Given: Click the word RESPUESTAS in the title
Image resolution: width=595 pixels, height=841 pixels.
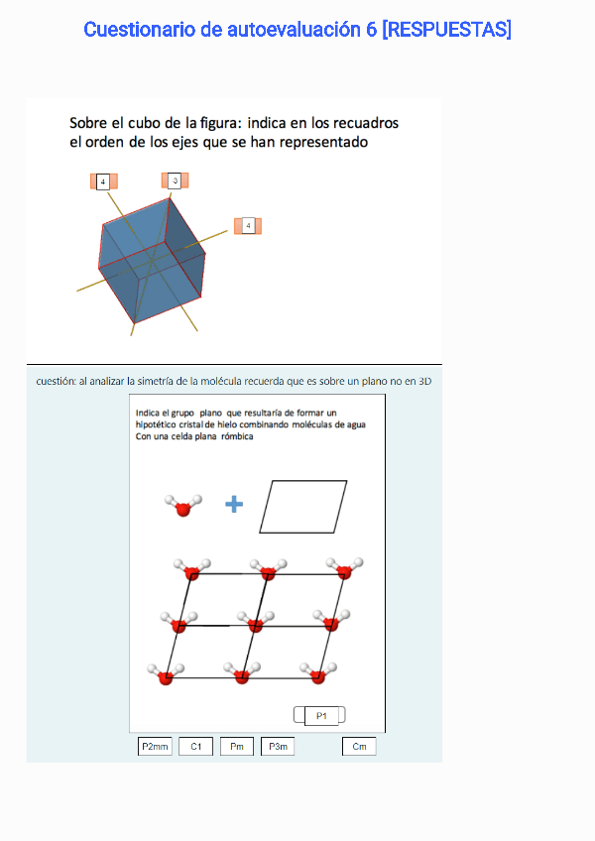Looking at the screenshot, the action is point(446,30).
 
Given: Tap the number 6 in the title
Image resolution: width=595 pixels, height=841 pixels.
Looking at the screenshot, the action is point(371,30).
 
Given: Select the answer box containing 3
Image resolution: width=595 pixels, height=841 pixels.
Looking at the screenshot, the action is point(175,180).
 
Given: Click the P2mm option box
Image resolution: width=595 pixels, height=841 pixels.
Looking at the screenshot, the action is point(155,746).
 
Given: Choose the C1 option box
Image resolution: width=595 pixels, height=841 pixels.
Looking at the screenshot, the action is point(195,746).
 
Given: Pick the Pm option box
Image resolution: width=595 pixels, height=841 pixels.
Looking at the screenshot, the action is point(237,746).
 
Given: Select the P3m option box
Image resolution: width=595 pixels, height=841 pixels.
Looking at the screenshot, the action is point(278,746).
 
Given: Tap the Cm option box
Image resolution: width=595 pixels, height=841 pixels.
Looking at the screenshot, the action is point(359,746).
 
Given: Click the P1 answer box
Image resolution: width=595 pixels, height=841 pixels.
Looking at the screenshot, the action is point(321,715).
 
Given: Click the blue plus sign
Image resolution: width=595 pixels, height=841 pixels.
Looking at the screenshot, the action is point(234,504).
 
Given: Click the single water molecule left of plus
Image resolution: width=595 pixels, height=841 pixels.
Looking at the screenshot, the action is point(183,505).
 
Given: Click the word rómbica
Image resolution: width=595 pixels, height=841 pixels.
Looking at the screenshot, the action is point(237,436).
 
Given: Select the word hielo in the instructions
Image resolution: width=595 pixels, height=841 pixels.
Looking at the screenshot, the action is point(227,424).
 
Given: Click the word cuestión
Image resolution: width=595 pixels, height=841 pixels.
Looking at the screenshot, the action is point(56,382).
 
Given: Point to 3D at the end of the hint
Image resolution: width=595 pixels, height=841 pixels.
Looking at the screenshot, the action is point(424,382).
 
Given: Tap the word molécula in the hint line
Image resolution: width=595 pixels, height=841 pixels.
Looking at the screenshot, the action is point(221,382).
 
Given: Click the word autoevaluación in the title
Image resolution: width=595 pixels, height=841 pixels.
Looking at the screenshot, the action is point(294,30).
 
